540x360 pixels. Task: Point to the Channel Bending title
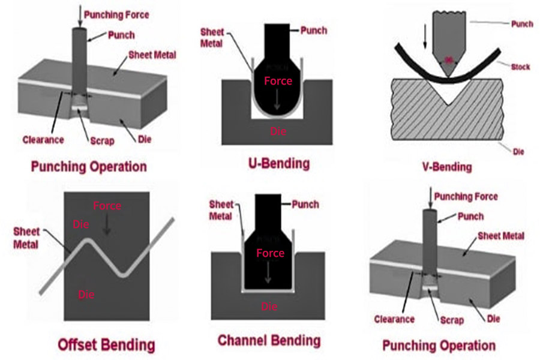269,341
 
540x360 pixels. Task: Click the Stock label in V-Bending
520,67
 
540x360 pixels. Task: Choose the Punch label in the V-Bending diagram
521,25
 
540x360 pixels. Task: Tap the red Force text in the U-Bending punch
278,80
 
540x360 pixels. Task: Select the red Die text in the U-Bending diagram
277,130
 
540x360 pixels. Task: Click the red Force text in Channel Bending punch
270,253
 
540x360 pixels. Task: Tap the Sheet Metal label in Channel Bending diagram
221,210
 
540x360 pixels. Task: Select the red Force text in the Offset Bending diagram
107,206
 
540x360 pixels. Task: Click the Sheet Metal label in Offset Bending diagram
26,238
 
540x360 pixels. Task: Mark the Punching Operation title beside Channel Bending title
439,345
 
